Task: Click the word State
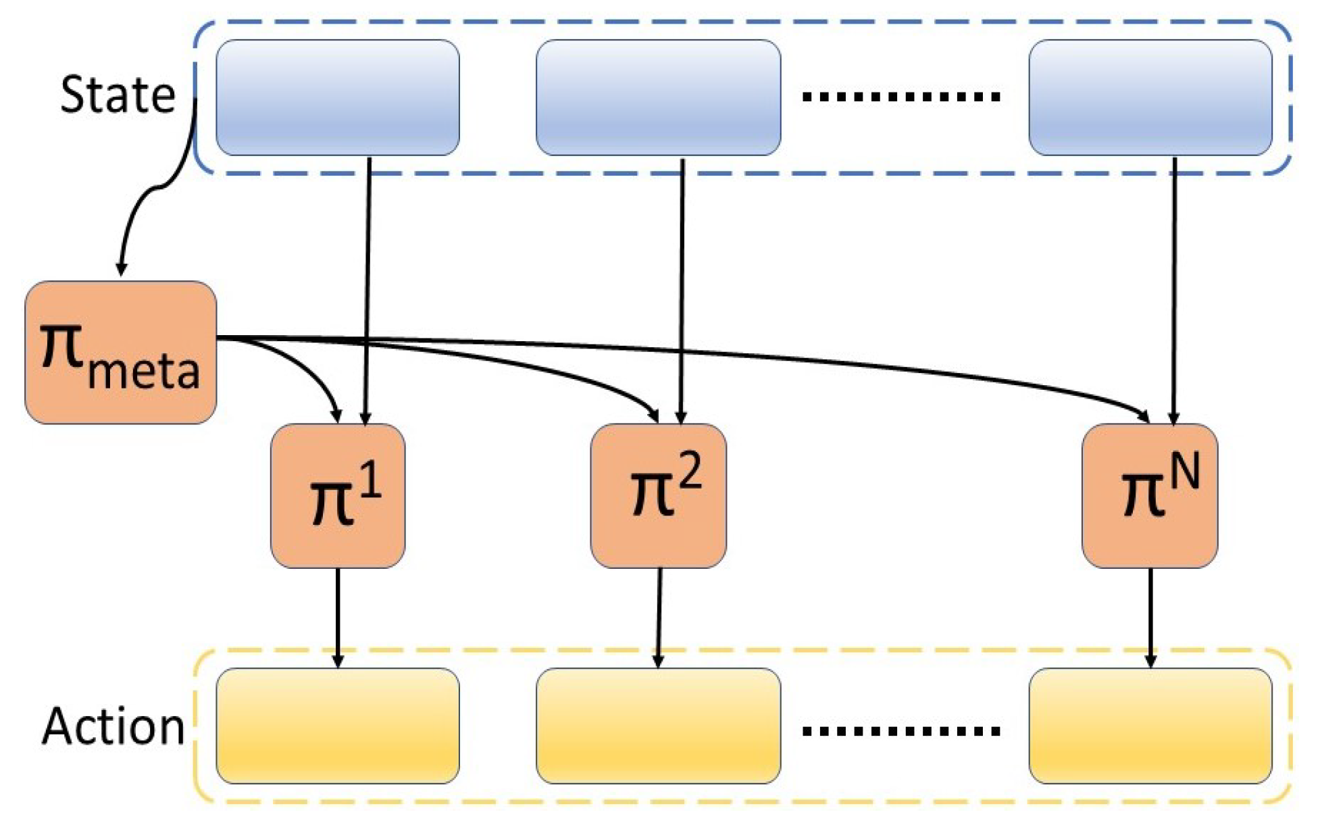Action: coord(118,95)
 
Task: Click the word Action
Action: coord(113,728)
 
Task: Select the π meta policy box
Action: coord(120,353)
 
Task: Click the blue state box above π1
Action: coord(338,97)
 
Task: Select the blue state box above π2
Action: coord(659,97)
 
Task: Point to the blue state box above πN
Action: coord(1150,97)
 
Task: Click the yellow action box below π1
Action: coord(338,726)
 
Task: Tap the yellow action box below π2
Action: coord(659,726)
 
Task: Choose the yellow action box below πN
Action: coord(1150,726)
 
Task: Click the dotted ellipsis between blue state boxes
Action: coord(901,97)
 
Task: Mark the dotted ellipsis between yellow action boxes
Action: coord(901,731)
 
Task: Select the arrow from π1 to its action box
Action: coord(338,615)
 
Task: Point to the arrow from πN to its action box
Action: coord(1150,615)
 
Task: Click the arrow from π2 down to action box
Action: coord(659,615)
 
